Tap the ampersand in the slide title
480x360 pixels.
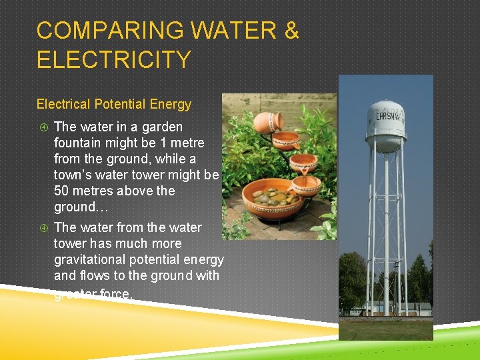(x=291, y=31)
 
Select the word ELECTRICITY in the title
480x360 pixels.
(x=113, y=60)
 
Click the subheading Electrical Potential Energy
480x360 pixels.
(x=113, y=104)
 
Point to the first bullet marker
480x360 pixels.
(x=43, y=127)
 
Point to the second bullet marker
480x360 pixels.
(x=43, y=228)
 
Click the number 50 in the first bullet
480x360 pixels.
(x=62, y=191)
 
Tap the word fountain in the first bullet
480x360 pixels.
(x=79, y=143)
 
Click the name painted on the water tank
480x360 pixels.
(x=387, y=116)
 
